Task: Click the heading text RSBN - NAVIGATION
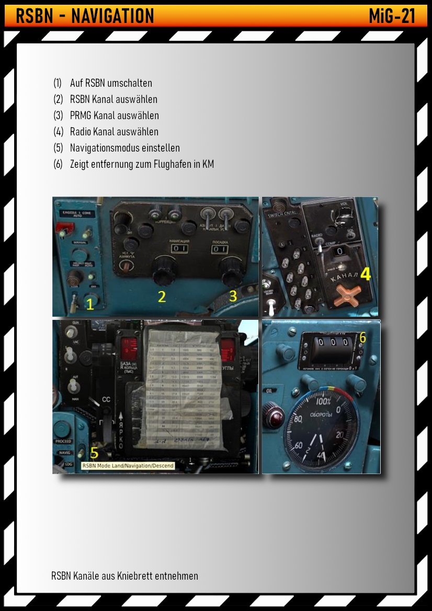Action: click(85, 16)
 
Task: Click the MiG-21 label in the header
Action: click(392, 16)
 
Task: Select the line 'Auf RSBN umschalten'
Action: click(111, 83)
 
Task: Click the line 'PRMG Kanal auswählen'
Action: click(114, 116)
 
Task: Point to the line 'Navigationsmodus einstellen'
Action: click(124, 148)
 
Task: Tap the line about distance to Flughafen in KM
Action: click(142, 164)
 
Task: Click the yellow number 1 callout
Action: click(90, 304)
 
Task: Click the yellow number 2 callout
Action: click(162, 296)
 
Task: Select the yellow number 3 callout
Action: click(233, 296)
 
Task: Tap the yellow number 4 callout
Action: click(366, 274)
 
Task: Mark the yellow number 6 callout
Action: click(362, 338)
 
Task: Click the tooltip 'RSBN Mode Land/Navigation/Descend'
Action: click(128, 465)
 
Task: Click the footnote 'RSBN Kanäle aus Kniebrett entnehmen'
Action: click(124, 576)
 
